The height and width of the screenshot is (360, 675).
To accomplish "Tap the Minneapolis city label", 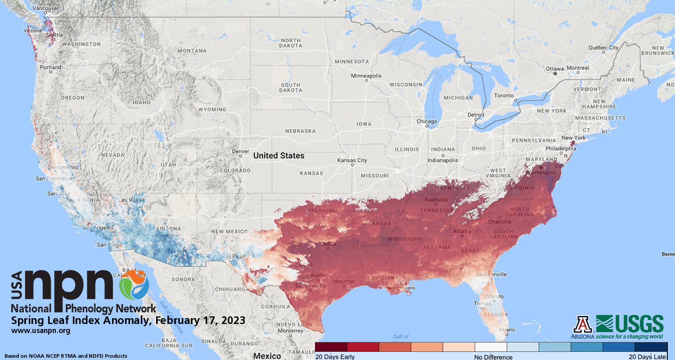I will (x=366, y=76).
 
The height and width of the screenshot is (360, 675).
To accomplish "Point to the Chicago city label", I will (x=427, y=121).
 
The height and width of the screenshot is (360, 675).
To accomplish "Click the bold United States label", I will (x=279, y=156).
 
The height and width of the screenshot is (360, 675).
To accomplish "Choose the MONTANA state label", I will (x=192, y=51).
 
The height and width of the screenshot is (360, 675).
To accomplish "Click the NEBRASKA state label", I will (x=300, y=131).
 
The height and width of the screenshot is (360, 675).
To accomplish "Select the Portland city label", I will (x=50, y=67).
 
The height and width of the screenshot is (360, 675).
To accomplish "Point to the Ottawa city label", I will (x=554, y=68).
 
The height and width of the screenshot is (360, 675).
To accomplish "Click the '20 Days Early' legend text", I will (x=335, y=357).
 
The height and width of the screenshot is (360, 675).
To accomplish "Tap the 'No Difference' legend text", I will (x=493, y=357).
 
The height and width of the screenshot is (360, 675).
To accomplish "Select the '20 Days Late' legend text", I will (x=648, y=357).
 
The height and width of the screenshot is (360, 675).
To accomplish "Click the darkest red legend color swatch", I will (x=331, y=347).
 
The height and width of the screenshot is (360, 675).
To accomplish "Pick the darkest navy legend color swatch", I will (x=650, y=347).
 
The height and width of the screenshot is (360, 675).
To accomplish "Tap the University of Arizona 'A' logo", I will (x=583, y=324).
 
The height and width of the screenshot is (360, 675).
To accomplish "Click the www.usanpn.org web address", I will (x=40, y=331).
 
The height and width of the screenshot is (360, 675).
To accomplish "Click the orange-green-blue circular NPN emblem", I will (x=134, y=284).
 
